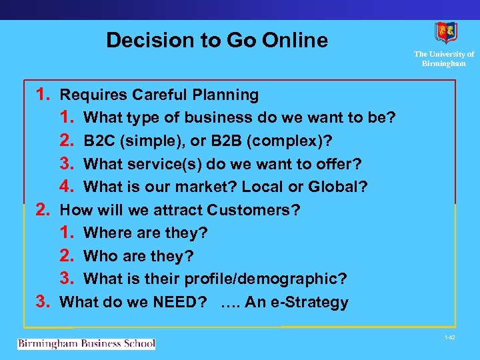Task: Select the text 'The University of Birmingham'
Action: coord(444,59)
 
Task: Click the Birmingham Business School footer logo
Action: coord(86,344)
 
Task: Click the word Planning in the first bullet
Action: coord(229,95)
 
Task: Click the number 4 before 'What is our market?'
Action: coord(66,187)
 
